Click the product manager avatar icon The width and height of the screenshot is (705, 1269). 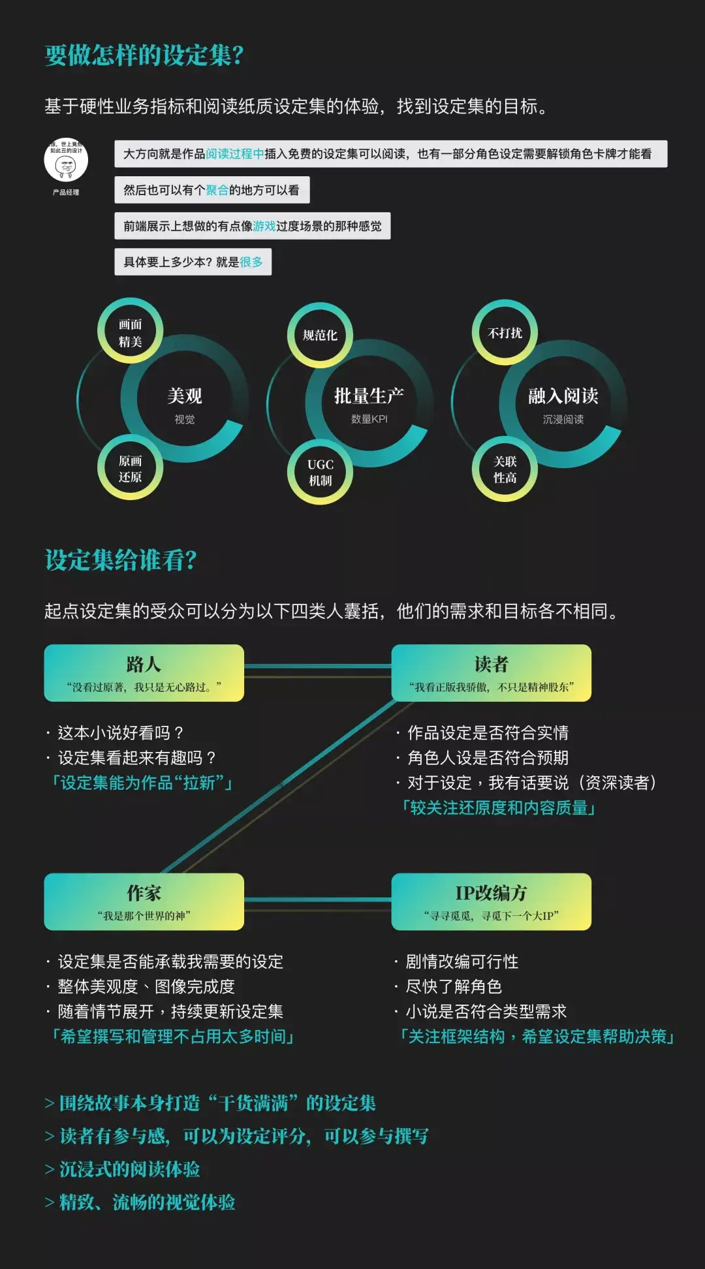coord(66,160)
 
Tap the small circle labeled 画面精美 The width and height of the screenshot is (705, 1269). coord(130,332)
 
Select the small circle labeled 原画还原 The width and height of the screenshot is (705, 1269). coord(130,468)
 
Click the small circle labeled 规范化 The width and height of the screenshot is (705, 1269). coord(320,335)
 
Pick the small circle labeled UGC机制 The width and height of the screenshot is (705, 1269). coord(320,472)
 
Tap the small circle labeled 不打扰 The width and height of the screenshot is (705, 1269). coord(505,333)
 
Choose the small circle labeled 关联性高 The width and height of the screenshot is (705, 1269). coord(505,469)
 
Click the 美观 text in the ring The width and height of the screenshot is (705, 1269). coord(185,396)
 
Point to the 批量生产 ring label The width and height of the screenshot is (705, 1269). coord(369,396)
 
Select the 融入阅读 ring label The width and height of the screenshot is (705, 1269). coord(563,396)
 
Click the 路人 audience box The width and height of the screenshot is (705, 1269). coord(144,673)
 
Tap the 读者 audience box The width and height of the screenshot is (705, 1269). coord(491,673)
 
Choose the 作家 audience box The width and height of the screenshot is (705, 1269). coord(144,901)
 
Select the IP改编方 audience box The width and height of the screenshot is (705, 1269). coord(491,901)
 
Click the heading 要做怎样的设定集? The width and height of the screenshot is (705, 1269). coord(144,55)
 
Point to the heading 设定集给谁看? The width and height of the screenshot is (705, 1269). coord(121,560)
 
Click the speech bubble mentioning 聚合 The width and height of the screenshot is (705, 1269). coord(211,190)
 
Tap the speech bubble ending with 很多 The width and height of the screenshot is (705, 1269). coord(193,262)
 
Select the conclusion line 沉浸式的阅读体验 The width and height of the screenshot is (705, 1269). coord(129,1169)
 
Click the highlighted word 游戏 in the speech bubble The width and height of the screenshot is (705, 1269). coord(264,226)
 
